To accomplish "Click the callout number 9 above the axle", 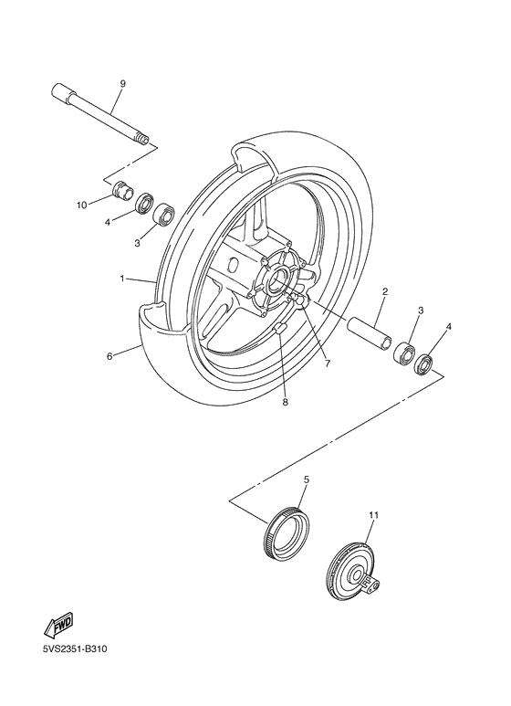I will [121, 83].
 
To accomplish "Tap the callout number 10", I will [82, 205].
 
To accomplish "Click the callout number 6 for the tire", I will [109, 356].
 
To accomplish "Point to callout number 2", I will [385, 292].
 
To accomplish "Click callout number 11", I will [372, 516].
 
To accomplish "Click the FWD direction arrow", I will [57, 626].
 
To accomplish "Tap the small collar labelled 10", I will [120, 194].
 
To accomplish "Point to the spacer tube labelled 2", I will [371, 331].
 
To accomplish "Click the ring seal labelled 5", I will [286, 534].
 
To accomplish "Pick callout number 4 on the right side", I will [448, 326].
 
